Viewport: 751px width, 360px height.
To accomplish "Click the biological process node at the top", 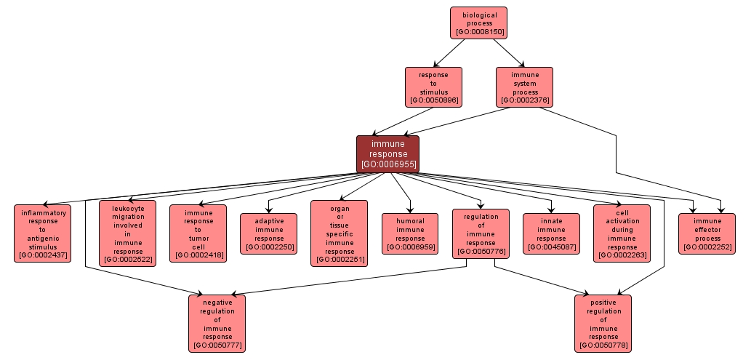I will pyautogui.click(x=478, y=23).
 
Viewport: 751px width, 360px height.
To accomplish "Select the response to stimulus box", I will pyautogui.click(x=433, y=87).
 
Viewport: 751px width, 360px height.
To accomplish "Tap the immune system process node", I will pyautogui.click(x=524, y=87).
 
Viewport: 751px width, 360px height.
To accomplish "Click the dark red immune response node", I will pyautogui.click(x=387, y=153).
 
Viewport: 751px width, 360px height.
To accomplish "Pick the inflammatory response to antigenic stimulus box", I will pyautogui.click(x=42, y=233).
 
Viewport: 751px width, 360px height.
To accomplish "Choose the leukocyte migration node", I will pyautogui.click(x=127, y=233).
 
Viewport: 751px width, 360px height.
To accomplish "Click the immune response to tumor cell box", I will pyautogui.click(x=198, y=233).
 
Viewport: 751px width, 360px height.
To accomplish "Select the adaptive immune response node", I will pyautogui.click(x=269, y=233).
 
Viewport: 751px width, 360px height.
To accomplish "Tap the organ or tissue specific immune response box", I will pyautogui.click(x=340, y=233).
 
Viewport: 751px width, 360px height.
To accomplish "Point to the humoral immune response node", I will pyautogui.click(x=410, y=233).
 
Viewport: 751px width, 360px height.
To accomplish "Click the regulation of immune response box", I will pyautogui.click(x=480, y=233).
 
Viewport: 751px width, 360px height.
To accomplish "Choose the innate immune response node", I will pyautogui.click(x=551, y=233).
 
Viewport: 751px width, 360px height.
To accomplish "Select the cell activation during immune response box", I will pyautogui.click(x=622, y=233).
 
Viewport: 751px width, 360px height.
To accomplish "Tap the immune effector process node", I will pyautogui.click(x=707, y=233).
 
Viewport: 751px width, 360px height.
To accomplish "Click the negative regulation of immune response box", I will pyautogui.click(x=217, y=323).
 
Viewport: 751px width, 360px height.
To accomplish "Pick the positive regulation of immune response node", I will pyautogui.click(x=603, y=323).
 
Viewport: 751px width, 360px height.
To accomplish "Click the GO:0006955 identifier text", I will pyautogui.click(x=388, y=164).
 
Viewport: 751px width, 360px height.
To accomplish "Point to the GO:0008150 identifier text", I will pyautogui.click(x=479, y=32).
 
